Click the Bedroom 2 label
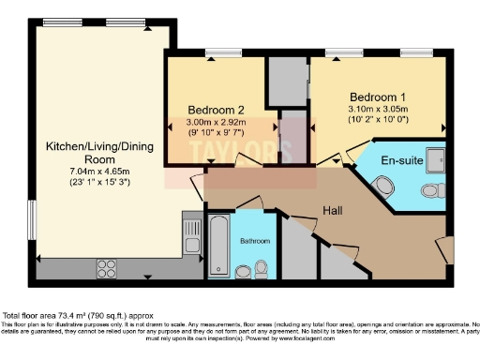pos(216,109)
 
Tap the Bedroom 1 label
pos(378,97)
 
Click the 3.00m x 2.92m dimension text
pos(216,123)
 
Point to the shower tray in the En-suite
pos(438,160)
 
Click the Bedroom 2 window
pos(223,52)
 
